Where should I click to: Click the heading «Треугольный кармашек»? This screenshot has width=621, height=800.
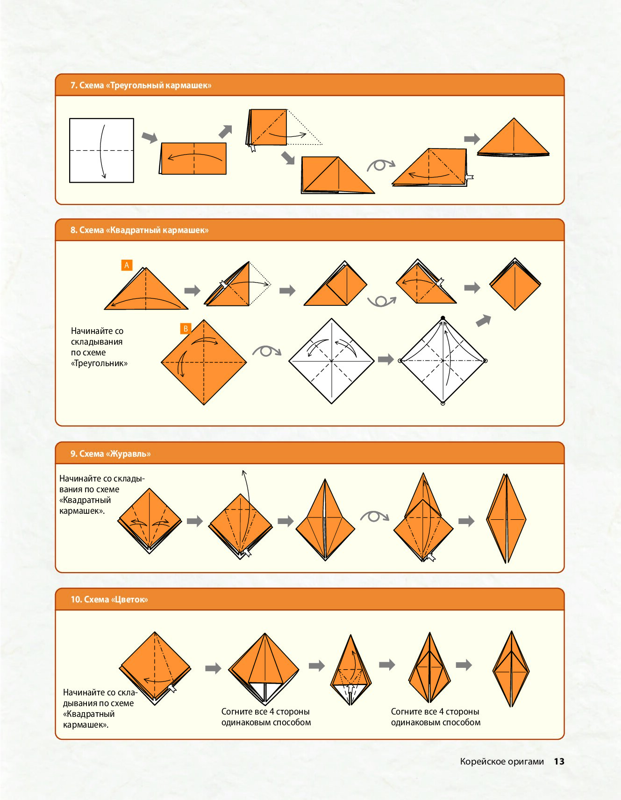tap(141, 85)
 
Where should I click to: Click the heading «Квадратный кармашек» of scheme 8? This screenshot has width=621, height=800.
tap(139, 230)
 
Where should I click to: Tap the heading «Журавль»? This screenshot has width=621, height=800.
tap(110, 454)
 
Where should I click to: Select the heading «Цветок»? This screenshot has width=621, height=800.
tap(109, 600)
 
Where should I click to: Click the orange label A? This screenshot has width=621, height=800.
tap(127, 265)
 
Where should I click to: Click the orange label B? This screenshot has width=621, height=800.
tap(186, 329)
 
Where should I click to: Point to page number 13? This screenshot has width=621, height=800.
tap(559, 761)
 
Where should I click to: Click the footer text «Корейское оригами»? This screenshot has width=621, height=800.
tap(502, 762)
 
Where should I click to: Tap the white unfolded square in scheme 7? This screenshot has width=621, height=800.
tap(101, 150)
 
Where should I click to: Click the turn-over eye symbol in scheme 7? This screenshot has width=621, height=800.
tap(381, 165)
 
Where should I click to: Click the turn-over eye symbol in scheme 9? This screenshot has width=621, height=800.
tap(375, 516)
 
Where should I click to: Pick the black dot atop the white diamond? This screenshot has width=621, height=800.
tap(443, 318)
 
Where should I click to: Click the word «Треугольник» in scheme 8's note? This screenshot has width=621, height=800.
tap(99, 363)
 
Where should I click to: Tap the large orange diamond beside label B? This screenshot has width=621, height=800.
tap(204, 362)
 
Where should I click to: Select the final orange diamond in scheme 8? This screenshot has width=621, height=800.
tap(515, 284)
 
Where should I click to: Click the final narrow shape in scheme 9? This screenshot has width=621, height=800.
tap(506, 518)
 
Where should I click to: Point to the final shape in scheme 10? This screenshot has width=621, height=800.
tap(511, 669)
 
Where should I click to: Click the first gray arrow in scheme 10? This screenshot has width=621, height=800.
tap(213, 668)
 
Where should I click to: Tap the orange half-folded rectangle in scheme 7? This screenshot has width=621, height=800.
tap(193, 159)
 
